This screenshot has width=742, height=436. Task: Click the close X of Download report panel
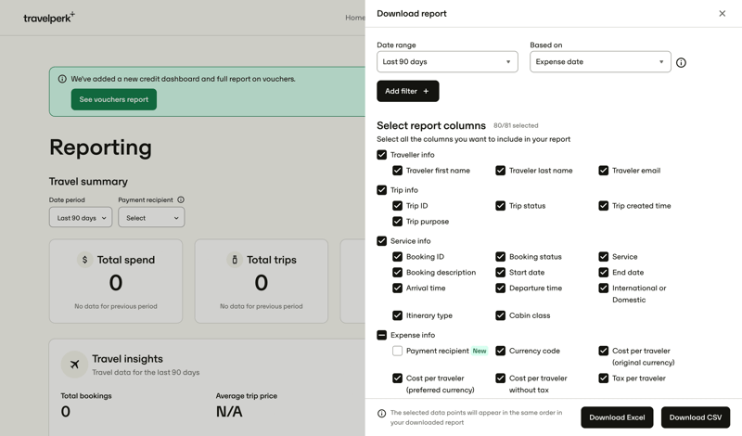point(723,14)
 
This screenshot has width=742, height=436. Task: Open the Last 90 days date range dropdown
point(447,62)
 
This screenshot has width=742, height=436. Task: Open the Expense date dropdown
point(600,62)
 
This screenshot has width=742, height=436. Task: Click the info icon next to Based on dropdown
point(681,63)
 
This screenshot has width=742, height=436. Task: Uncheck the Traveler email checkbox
point(603,171)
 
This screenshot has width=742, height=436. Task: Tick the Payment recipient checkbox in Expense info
point(397,351)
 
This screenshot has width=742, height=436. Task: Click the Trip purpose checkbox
point(397,222)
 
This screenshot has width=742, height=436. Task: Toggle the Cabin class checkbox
point(500,315)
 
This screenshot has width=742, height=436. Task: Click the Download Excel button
point(617,417)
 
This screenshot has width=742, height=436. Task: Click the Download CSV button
point(695,417)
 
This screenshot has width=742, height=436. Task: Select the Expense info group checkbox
point(381,335)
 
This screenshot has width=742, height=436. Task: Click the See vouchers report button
point(113,99)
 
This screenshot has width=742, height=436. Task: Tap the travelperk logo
point(48,18)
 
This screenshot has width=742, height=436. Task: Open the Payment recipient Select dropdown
point(151,218)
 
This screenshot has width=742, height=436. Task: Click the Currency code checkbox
point(500,351)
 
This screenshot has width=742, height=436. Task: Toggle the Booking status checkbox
point(500,257)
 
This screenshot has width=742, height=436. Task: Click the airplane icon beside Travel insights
point(74,365)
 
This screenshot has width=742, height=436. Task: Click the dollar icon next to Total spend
point(84,260)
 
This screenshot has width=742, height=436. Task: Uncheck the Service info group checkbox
point(381,241)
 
